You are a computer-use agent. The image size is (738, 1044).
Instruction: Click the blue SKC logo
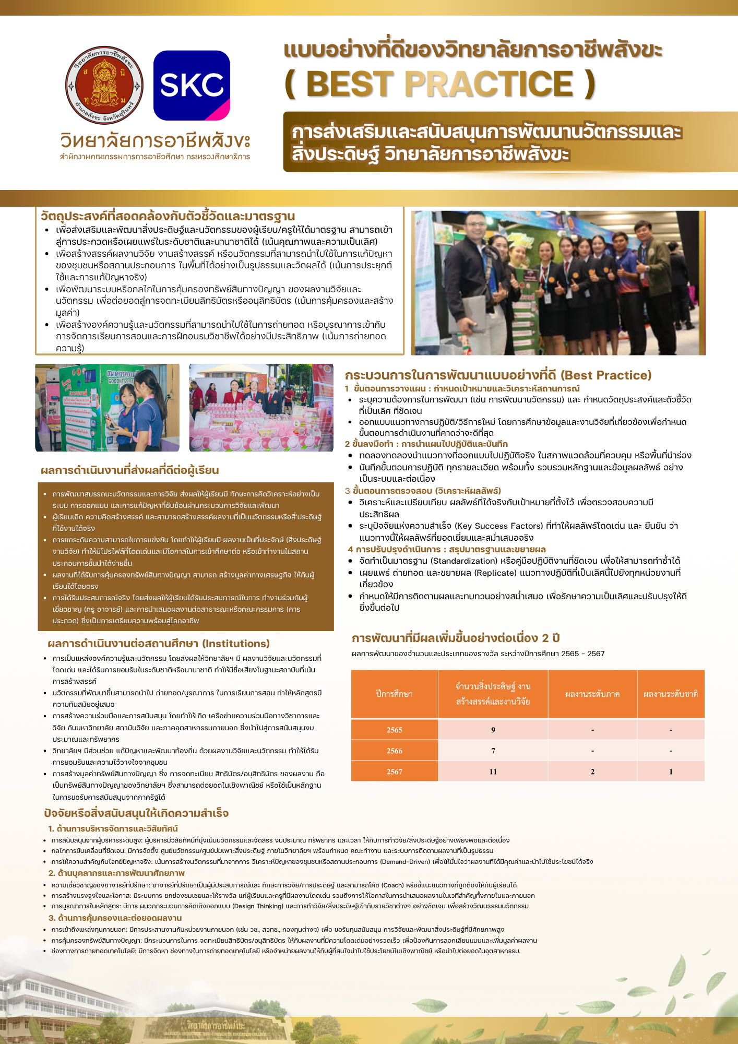click(192, 85)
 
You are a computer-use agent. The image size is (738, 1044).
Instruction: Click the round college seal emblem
click(104, 86)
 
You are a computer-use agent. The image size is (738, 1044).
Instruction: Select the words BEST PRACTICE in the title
click(439, 84)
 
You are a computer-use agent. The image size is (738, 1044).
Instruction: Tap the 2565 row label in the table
click(395, 730)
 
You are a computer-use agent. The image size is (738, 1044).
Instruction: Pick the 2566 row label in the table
click(395, 751)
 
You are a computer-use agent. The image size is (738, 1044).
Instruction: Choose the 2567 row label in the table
click(395, 772)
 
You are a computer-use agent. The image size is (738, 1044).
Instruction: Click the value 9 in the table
click(493, 730)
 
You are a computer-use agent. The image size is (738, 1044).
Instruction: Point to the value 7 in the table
click(493, 751)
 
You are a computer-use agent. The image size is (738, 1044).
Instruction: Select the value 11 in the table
click(493, 772)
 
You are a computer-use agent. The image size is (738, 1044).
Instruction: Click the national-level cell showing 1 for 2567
click(671, 772)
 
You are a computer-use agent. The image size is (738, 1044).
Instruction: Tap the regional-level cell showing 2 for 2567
click(592, 772)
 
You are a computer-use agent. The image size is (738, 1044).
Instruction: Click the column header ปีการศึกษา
click(395, 694)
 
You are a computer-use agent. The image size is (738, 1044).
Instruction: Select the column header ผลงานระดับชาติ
click(671, 694)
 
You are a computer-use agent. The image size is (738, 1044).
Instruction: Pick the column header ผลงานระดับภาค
click(592, 694)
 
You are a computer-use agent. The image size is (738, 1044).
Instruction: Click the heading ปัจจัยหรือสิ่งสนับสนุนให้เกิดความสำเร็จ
click(136, 813)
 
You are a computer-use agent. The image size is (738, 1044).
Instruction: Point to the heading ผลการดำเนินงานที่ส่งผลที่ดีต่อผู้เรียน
click(129, 470)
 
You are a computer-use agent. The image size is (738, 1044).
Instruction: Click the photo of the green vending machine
click(107, 407)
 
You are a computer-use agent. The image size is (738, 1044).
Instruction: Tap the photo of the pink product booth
click(261, 407)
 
